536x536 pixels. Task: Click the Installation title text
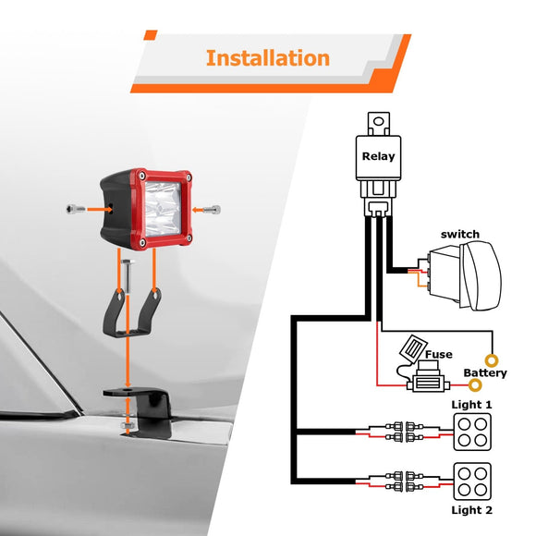[267, 58]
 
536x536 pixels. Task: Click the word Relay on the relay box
[378, 156]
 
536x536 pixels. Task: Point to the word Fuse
[438, 354]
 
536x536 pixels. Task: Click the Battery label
[485, 373]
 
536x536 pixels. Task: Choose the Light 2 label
[471, 510]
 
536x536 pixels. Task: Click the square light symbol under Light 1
[471, 432]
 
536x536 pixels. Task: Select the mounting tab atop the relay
[377, 120]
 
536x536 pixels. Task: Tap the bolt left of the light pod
[77, 208]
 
